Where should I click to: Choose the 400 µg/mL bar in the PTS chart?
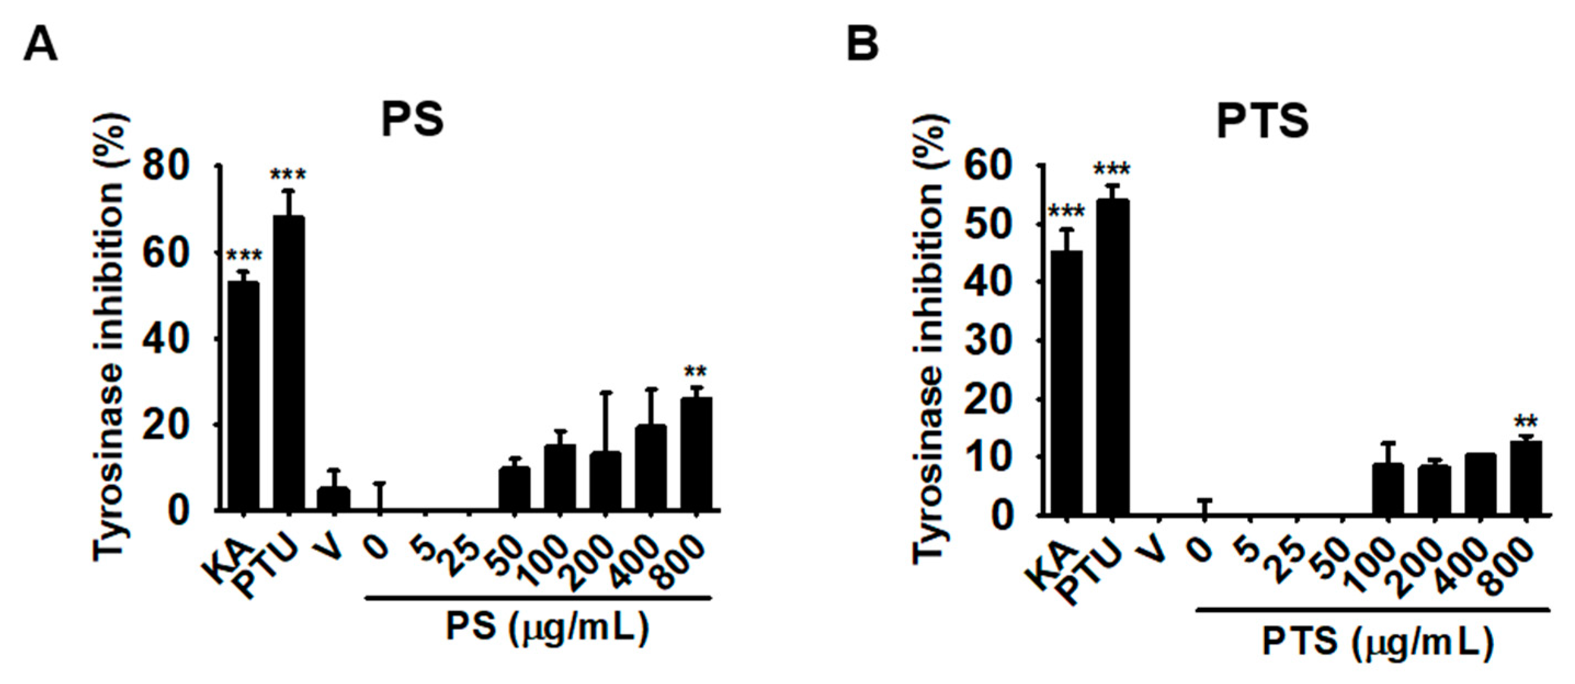1480,484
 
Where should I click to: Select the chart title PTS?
1263,121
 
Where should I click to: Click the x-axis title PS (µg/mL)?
547,628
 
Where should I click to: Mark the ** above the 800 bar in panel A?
696,372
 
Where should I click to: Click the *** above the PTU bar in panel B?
1112,170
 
